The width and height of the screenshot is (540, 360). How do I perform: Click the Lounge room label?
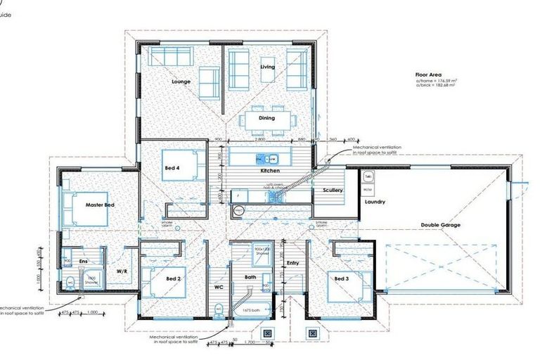tap(181, 82)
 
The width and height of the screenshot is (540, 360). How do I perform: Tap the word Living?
tap(267, 67)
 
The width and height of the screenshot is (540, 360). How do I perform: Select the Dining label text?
tap(266, 98)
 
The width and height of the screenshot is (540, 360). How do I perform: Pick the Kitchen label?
tap(270, 172)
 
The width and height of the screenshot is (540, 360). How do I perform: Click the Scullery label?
tap(333, 191)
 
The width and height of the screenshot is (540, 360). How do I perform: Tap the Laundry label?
tap(375, 202)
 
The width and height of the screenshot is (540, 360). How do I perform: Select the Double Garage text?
tap(440, 225)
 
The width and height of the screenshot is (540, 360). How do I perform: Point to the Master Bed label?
tap(99, 204)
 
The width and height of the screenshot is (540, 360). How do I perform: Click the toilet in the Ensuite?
tap(70, 283)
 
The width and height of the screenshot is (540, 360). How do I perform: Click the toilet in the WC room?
tap(219, 308)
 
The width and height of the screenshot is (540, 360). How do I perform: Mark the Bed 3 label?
tap(341, 279)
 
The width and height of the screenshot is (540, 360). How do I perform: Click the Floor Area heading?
tap(428, 73)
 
